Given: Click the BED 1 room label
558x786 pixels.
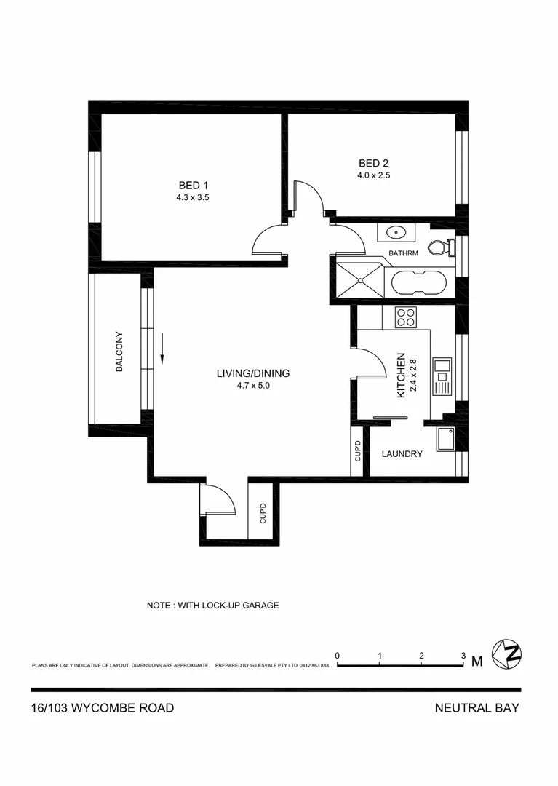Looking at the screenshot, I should coord(193,185).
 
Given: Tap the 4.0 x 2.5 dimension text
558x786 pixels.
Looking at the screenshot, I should coord(374,175).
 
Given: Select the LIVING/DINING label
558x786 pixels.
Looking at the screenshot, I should coord(252,373).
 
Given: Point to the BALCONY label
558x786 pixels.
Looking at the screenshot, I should coord(119,352).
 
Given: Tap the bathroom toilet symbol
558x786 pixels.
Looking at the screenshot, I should coord(439,248).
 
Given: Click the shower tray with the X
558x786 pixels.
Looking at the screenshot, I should coord(357,279).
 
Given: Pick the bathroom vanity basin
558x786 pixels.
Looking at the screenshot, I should coord(396,234).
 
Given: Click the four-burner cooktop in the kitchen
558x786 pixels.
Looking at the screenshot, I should coord(405,317).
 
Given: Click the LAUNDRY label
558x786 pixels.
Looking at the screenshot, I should coord(402,454).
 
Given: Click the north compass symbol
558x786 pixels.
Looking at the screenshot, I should coord(507,654).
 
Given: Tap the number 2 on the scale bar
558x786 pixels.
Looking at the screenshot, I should coord(422,656).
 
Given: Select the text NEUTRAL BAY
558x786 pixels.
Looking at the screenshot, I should coord(477,707).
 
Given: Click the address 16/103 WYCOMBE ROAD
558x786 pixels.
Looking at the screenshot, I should coord(103,707).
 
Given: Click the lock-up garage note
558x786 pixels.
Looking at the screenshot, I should coord(212,605).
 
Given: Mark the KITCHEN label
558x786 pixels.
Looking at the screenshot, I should coord(400,376).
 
